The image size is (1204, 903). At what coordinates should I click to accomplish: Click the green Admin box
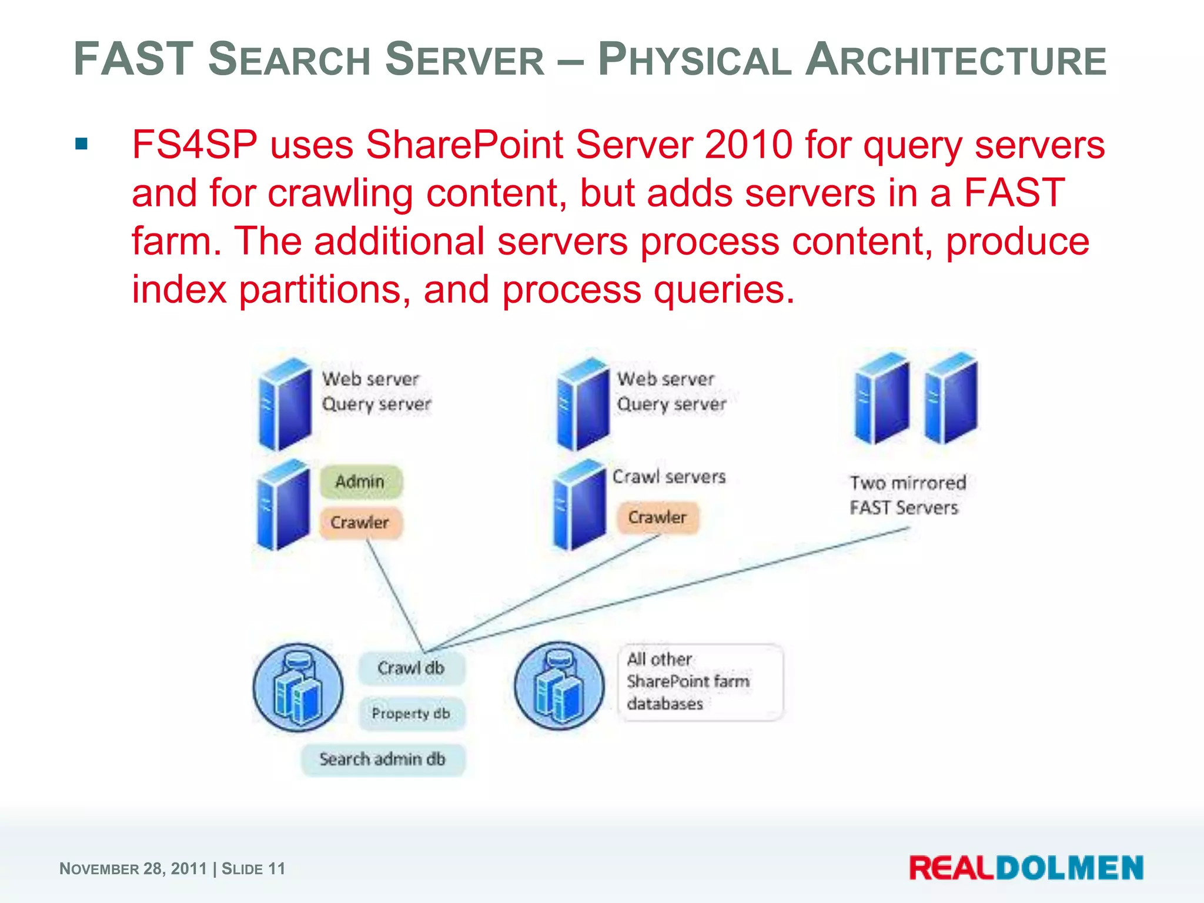(x=361, y=481)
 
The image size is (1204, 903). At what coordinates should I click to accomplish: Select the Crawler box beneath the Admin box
(x=360, y=522)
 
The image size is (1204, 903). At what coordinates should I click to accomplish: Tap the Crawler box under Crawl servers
(x=657, y=517)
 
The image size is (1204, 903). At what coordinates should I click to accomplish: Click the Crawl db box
(x=411, y=668)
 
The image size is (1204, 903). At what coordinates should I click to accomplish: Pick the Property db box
(x=411, y=714)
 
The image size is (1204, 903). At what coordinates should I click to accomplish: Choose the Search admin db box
(x=383, y=759)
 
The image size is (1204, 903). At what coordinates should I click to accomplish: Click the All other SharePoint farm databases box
(x=700, y=682)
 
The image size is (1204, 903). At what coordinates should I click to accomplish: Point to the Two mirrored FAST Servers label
(x=907, y=495)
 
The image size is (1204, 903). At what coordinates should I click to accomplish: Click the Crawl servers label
(x=669, y=476)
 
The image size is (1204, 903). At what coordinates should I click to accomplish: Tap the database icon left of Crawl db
(x=298, y=687)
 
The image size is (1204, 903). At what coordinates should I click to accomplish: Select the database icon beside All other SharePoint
(x=559, y=685)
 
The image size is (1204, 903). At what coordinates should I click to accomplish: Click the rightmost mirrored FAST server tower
(x=950, y=398)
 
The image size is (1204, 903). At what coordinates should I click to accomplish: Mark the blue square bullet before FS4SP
(x=82, y=144)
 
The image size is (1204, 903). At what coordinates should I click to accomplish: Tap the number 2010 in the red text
(x=748, y=145)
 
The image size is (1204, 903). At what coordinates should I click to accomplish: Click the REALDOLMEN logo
(x=1026, y=868)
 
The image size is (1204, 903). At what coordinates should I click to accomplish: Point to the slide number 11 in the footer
(x=276, y=869)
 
